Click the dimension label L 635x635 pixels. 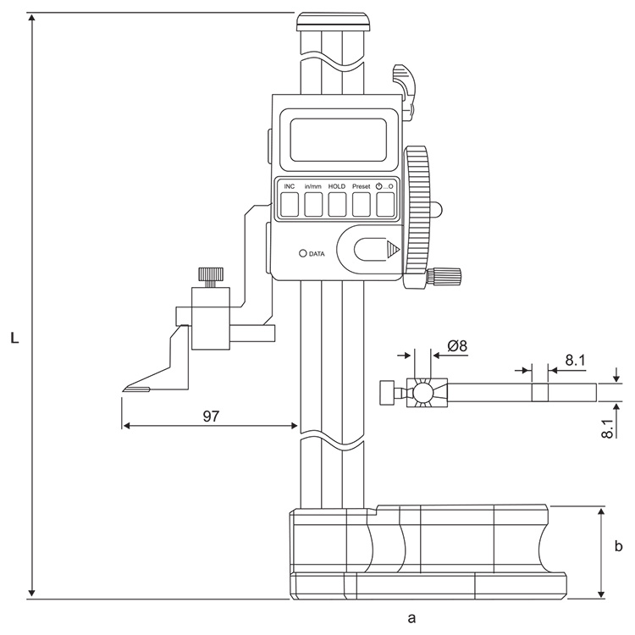click(x=15, y=338)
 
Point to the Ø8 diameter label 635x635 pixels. click(x=457, y=345)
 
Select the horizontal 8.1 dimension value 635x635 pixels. click(x=575, y=360)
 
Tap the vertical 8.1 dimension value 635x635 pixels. click(x=608, y=425)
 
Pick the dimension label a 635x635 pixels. click(x=412, y=618)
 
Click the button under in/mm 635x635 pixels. click(x=313, y=203)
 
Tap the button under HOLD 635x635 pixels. click(x=337, y=203)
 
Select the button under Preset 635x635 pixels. click(x=362, y=203)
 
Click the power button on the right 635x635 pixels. click(x=386, y=203)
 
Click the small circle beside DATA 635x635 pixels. click(x=301, y=253)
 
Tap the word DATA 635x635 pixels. click(x=317, y=253)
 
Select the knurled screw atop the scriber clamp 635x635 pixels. click(x=210, y=275)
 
